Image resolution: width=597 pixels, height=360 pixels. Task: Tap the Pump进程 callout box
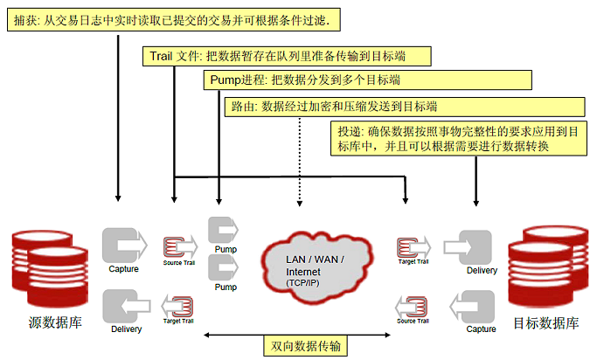(x=306, y=80)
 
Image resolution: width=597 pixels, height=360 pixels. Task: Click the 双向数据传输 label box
(x=305, y=347)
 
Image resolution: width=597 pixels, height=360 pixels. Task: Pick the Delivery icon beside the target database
(x=478, y=248)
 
